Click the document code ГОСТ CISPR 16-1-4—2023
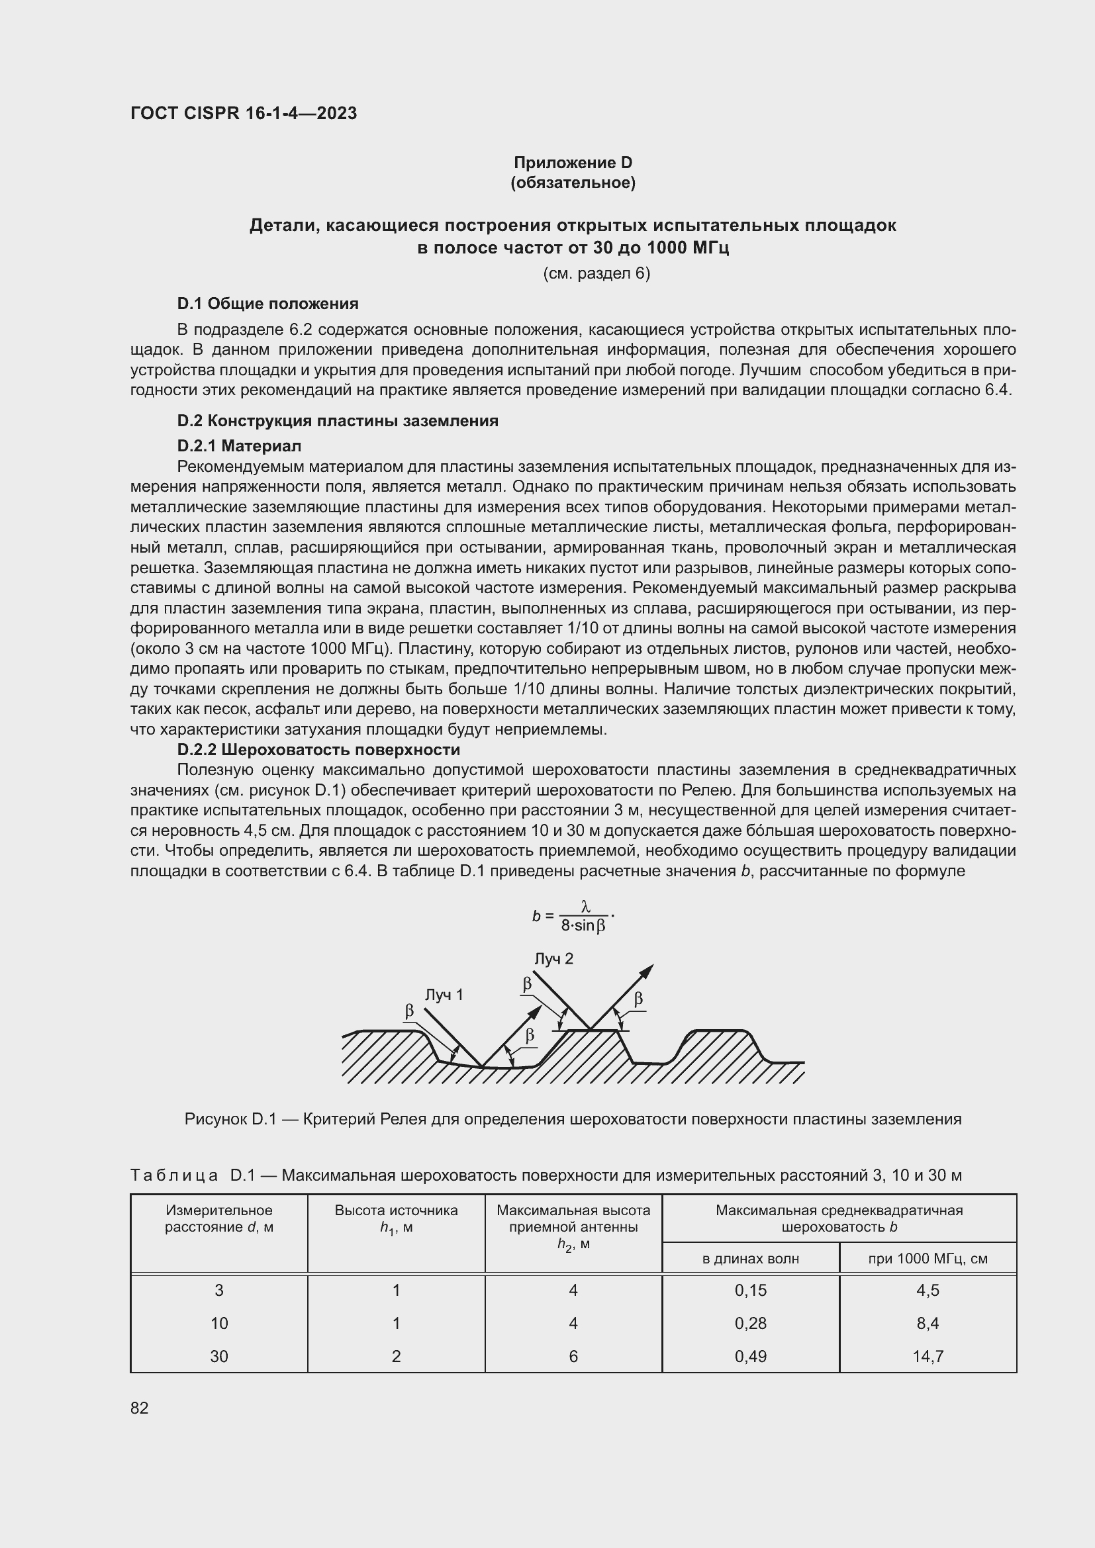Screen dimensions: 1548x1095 (244, 113)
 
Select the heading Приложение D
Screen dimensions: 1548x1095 (573, 163)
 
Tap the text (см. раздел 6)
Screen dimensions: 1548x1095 (596, 273)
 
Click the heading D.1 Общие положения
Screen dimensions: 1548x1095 (267, 304)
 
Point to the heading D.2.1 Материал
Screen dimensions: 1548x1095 (240, 445)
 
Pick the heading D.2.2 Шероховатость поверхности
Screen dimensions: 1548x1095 (318, 750)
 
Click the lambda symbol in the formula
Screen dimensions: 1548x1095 (585, 908)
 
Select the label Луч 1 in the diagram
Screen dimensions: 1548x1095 (444, 995)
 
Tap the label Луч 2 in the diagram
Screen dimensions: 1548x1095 (553, 959)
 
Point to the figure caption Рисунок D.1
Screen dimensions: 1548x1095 (573, 1119)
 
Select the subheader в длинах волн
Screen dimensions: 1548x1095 (750, 1259)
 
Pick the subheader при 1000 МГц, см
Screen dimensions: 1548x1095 (927, 1259)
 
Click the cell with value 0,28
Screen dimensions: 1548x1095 (751, 1324)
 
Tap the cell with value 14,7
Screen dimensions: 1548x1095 (927, 1357)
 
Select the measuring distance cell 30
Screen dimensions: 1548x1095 (219, 1357)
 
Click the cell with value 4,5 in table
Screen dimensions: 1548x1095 (927, 1291)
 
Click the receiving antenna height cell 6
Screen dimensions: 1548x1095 (573, 1357)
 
